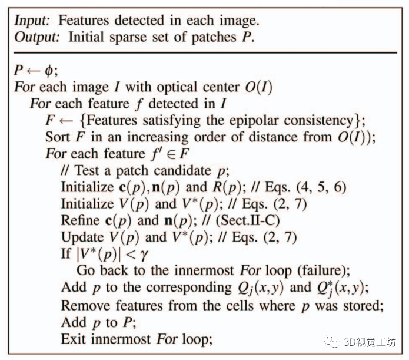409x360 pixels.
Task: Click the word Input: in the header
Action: pyautogui.click(x=33, y=20)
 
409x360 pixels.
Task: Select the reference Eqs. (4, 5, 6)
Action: pyautogui.click(x=318, y=187)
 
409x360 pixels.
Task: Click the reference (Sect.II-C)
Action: pyautogui.click(x=242, y=220)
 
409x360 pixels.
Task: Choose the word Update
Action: pyautogui.click(x=81, y=237)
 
